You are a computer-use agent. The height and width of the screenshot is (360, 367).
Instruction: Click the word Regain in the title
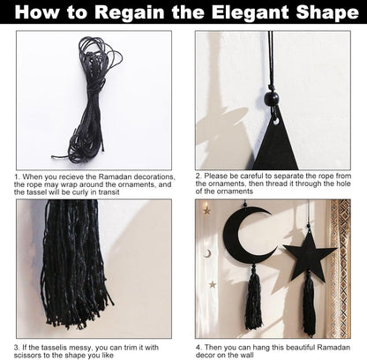(130, 12)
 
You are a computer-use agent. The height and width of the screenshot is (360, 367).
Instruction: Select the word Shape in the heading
(327, 12)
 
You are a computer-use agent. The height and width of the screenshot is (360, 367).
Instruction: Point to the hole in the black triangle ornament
(276, 121)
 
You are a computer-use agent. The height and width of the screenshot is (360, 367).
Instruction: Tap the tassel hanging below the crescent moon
(253, 297)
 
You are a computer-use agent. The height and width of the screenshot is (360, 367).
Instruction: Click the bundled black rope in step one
(88, 100)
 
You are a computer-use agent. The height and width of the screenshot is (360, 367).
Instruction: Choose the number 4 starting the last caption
(198, 348)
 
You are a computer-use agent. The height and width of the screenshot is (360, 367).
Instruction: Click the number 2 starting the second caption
(198, 176)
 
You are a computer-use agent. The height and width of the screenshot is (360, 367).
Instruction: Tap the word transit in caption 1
(109, 192)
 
